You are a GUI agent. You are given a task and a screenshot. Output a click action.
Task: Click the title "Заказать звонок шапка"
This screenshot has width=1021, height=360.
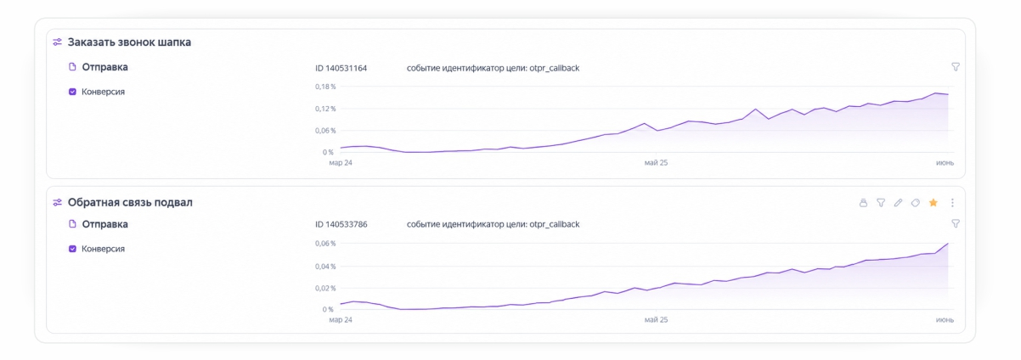[x=129, y=42]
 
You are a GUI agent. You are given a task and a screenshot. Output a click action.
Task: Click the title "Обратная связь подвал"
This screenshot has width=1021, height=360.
[x=130, y=202]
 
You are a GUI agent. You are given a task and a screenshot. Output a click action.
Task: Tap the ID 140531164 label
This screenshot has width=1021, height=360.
[x=341, y=69]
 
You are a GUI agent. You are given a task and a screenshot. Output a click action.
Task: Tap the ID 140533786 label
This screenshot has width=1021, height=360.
[x=341, y=224]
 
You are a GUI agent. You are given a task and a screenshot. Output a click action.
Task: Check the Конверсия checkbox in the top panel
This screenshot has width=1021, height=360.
[x=72, y=92]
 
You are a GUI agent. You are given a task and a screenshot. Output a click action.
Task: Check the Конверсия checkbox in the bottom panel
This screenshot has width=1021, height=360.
[x=72, y=249]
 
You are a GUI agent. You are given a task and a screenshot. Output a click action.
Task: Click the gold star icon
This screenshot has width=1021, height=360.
[x=933, y=203]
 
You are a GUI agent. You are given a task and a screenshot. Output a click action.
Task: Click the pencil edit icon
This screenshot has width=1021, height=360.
[x=898, y=203]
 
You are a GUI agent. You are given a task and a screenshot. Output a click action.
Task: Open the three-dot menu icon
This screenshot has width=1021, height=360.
[x=952, y=203]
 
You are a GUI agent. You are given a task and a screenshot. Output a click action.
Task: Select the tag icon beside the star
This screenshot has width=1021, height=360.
[x=916, y=203]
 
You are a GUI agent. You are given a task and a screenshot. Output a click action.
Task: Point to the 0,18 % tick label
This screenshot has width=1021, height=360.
[x=325, y=87]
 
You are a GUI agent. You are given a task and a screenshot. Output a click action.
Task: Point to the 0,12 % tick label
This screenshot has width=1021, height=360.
[x=325, y=109]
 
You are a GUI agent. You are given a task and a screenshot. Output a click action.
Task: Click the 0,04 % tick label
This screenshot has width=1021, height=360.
[x=325, y=266]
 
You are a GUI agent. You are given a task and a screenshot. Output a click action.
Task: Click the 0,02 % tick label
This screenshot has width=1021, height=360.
[x=325, y=288]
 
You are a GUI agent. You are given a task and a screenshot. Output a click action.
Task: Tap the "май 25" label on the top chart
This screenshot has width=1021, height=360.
[x=656, y=163]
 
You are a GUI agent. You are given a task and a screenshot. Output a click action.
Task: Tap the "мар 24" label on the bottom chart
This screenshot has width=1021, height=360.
[x=341, y=320]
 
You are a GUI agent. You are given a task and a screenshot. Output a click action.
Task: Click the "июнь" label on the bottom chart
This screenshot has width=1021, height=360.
[x=945, y=320]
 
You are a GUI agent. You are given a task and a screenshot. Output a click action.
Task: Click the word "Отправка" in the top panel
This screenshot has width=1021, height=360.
[x=104, y=67]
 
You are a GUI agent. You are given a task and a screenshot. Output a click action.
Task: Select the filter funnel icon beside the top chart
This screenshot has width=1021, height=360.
[x=956, y=67]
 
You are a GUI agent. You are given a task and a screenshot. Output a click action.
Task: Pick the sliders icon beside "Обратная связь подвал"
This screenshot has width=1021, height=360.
[x=57, y=202]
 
